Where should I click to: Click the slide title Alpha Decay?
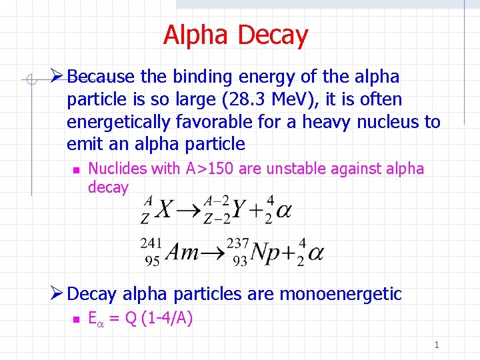[x=235, y=35]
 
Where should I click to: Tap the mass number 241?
[x=151, y=244]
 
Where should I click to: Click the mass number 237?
[x=238, y=244]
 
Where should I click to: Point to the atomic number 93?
[x=240, y=261]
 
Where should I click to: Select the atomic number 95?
[x=153, y=261]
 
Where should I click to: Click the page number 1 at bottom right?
[x=437, y=345]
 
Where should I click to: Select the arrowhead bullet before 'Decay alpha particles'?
[x=57, y=293]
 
